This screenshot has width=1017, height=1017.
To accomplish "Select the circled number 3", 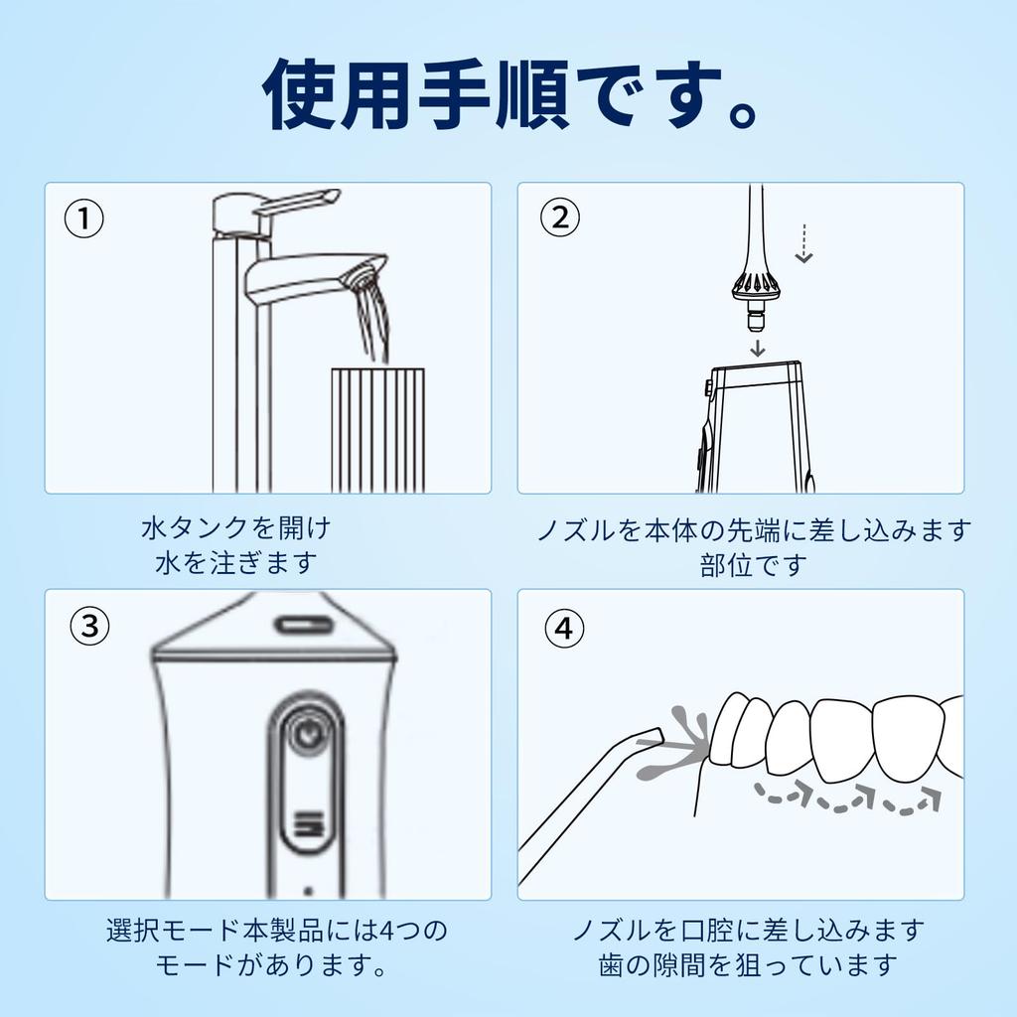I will pyautogui.click(x=90, y=627).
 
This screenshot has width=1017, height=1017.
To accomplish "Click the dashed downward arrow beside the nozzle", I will pyautogui.click(x=804, y=243).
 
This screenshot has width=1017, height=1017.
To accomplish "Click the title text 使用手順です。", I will pyautogui.click(x=508, y=95).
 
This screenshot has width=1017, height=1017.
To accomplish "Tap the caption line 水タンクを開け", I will pyautogui.click(x=236, y=526).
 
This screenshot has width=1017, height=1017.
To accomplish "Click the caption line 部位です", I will pyautogui.click(x=752, y=565).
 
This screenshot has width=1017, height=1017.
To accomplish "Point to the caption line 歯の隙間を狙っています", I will pyautogui.click(x=748, y=964).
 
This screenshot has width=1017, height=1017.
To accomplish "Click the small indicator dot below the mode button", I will pyautogui.click(x=309, y=890).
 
